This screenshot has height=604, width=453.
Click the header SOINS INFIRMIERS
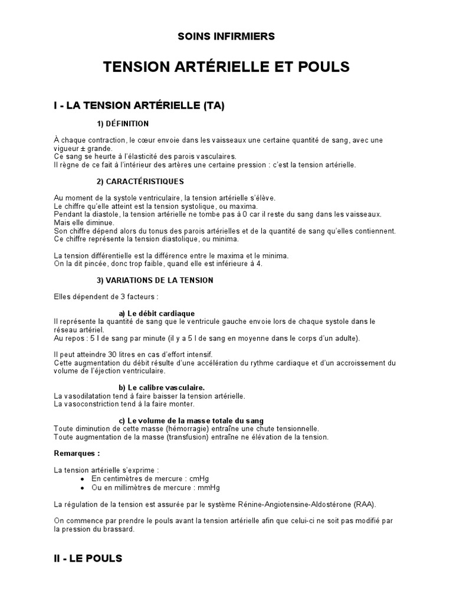(226, 37)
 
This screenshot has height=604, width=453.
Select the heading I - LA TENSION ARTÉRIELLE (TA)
(139, 106)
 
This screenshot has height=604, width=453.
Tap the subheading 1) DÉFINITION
(123, 124)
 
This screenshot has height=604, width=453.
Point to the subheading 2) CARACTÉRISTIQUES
(140, 181)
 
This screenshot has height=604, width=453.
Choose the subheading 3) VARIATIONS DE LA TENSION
(155, 280)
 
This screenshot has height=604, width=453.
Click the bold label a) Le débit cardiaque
(156, 313)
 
